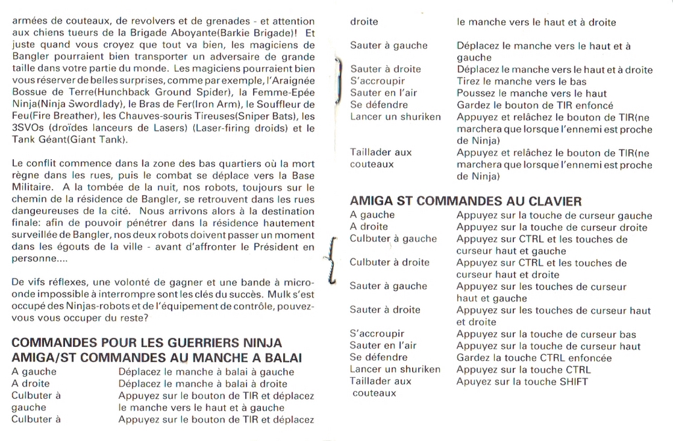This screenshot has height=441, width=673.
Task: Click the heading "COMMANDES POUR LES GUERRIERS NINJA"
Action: [147, 342]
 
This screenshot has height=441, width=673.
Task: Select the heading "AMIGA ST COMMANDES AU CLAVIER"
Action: [465, 201]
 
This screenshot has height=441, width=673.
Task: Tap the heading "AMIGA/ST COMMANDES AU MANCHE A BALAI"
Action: [156, 358]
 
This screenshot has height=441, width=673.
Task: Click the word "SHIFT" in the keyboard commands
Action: [574, 381]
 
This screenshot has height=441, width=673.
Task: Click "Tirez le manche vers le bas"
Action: [522, 81]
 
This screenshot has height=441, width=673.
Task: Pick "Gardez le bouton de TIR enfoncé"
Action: [535, 105]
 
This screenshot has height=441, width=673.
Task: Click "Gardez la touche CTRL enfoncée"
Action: [534, 358]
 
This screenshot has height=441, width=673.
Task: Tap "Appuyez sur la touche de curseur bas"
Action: [546, 334]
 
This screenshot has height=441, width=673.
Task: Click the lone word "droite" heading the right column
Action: [364, 22]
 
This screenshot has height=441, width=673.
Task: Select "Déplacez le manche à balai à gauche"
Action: [206, 372]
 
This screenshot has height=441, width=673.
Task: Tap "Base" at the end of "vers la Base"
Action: [302, 175]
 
